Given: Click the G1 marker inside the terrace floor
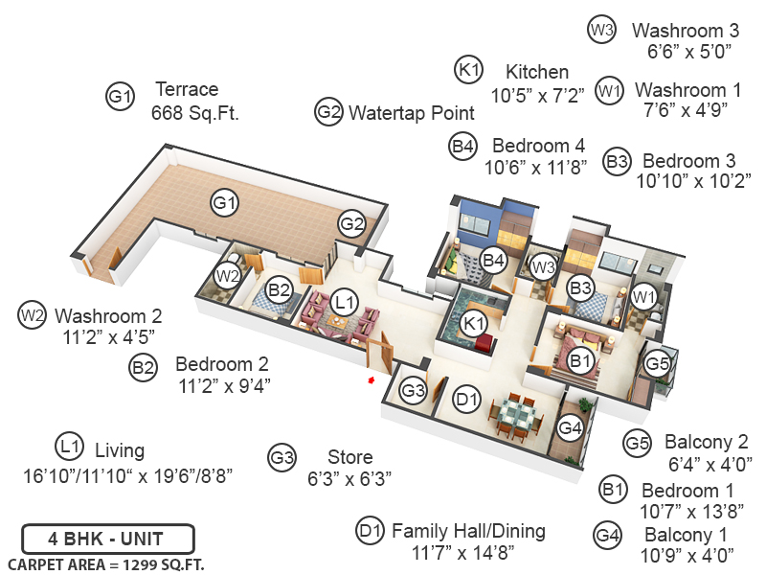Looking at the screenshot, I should (225, 203).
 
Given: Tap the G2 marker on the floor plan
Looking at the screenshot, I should (351, 224).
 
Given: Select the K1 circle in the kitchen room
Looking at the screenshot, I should (472, 323).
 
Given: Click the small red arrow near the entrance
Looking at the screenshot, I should (372, 382).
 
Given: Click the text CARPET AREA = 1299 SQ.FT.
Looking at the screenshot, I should (105, 563).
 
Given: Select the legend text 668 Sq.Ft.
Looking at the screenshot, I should (194, 113).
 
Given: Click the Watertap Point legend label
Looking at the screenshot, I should (411, 112).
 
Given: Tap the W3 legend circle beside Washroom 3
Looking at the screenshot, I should (600, 30).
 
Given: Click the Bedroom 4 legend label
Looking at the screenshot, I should (538, 146).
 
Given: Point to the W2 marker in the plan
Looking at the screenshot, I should (226, 275).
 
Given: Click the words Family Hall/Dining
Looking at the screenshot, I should (468, 530).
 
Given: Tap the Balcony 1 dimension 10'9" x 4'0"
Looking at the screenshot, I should (688, 553).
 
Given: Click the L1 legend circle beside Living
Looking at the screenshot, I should (67, 446).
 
